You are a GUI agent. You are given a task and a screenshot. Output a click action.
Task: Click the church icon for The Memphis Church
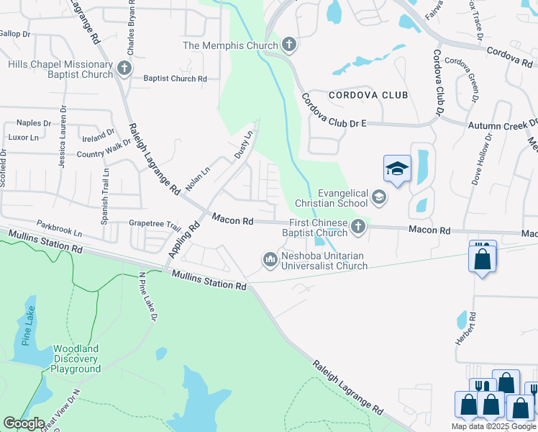tap(288, 45)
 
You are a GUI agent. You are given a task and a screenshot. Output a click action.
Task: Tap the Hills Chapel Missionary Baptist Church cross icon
tap(124, 69)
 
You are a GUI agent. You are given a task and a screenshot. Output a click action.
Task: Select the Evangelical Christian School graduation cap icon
tap(379, 197)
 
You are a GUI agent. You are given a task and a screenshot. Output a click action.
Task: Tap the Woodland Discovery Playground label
tap(76, 359)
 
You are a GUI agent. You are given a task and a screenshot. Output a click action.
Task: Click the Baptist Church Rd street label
tap(175, 78)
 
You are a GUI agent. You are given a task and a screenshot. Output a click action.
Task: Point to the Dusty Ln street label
tap(245, 145)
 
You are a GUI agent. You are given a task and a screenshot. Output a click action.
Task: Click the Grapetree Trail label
tap(155, 224)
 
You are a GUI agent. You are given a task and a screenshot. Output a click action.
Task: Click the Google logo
tap(24, 423)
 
